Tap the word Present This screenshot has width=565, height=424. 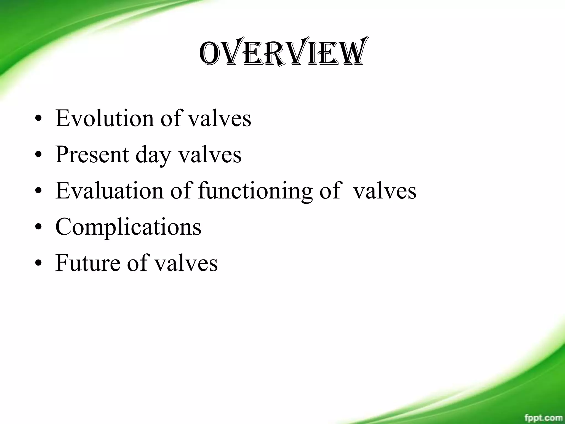click(x=92, y=154)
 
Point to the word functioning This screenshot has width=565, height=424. click(x=255, y=191)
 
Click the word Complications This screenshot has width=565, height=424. click(x=128, y=227)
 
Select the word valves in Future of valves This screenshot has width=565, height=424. click(x=186, y=263)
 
